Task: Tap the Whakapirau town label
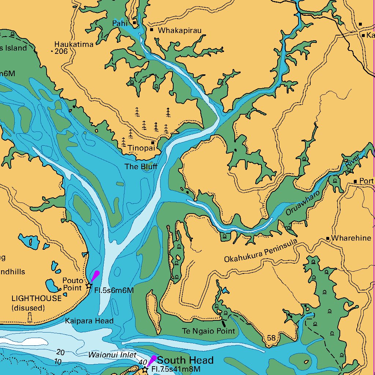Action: pyautogui.click(x=179, y=31)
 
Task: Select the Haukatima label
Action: pyautogui.click(x=74, y=44)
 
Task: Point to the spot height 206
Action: pyautogui.click(x=61, y=52)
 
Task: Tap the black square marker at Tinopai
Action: pyautogui.click(x=153, y=142)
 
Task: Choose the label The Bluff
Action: pyautogui.click(x=141, y=167)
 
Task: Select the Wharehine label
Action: pyautogui.click(x=351, y=238)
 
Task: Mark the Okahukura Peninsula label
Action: pyautogui.click(x=260, y=252)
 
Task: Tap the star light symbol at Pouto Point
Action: pyautogui.click(x=89, y=286)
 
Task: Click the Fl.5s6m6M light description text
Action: pyautogui.click(x=114, y=291)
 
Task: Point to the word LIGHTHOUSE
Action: pyautogui.click(x=37, y=298)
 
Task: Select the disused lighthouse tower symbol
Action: pyautogui.click(x=30, y=317)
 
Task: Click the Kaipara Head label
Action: pyautogui.click(x=89, y=321)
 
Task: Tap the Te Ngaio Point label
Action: pyautogui.click(x=208, y=331)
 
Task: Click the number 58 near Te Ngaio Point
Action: pyautogui.click(x=271, y=338)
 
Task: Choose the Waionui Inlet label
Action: pyautogui.click(x=112, y=355)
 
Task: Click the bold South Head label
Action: pyautogui.click(x=185, y=360)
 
